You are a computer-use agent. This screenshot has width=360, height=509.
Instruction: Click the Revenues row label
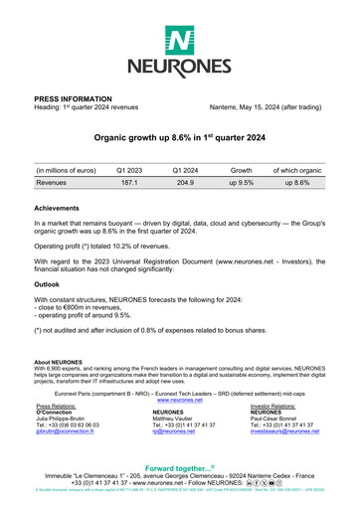(x=58, y=184)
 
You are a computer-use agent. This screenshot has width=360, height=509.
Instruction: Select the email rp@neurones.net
(x=172, y=434)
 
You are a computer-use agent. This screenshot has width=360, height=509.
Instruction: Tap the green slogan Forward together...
(x=180, y=471)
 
